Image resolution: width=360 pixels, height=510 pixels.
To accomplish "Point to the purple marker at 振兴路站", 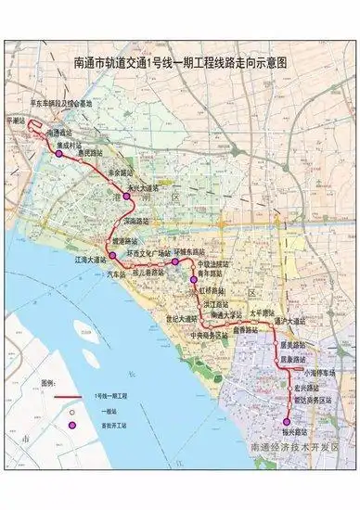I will coord(286,422).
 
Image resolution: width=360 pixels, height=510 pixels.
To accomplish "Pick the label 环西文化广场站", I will coord(142,252).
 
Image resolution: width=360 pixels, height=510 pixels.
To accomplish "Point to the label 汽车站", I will coord(119,274).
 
